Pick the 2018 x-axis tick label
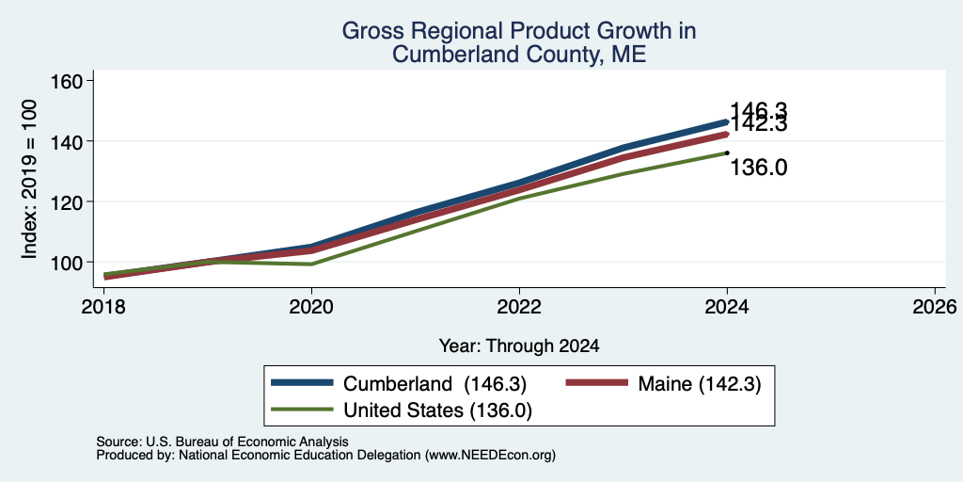[x=103, y=306]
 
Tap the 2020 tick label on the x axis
[x=311, y=306]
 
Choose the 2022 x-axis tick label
[x=519, y=306]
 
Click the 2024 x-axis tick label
[x=727, y=306]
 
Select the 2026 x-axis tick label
[x=935, y=306]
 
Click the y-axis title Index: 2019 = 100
[x=29, y=179]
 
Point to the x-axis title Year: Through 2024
[x=519, y=346]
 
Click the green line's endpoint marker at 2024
[x=727, y=153]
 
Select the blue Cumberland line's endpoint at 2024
[x=727, y=121]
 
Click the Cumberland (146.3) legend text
[x=434, y=384]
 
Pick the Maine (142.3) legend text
[x=700, y=384]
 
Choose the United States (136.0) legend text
[x=437, y=410]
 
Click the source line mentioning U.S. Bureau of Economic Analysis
[x=222, y=442]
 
